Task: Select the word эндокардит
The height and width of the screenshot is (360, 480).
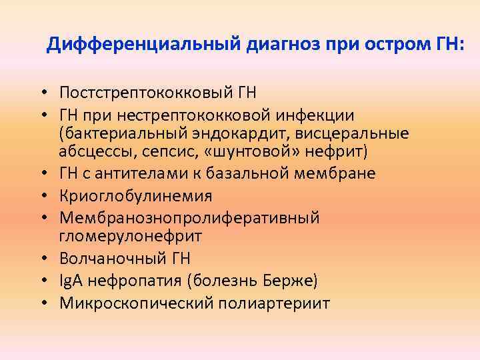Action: click(227, 133)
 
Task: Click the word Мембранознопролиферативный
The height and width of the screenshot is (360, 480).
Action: click(189, 217)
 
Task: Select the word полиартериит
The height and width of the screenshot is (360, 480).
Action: click(273, 303)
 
